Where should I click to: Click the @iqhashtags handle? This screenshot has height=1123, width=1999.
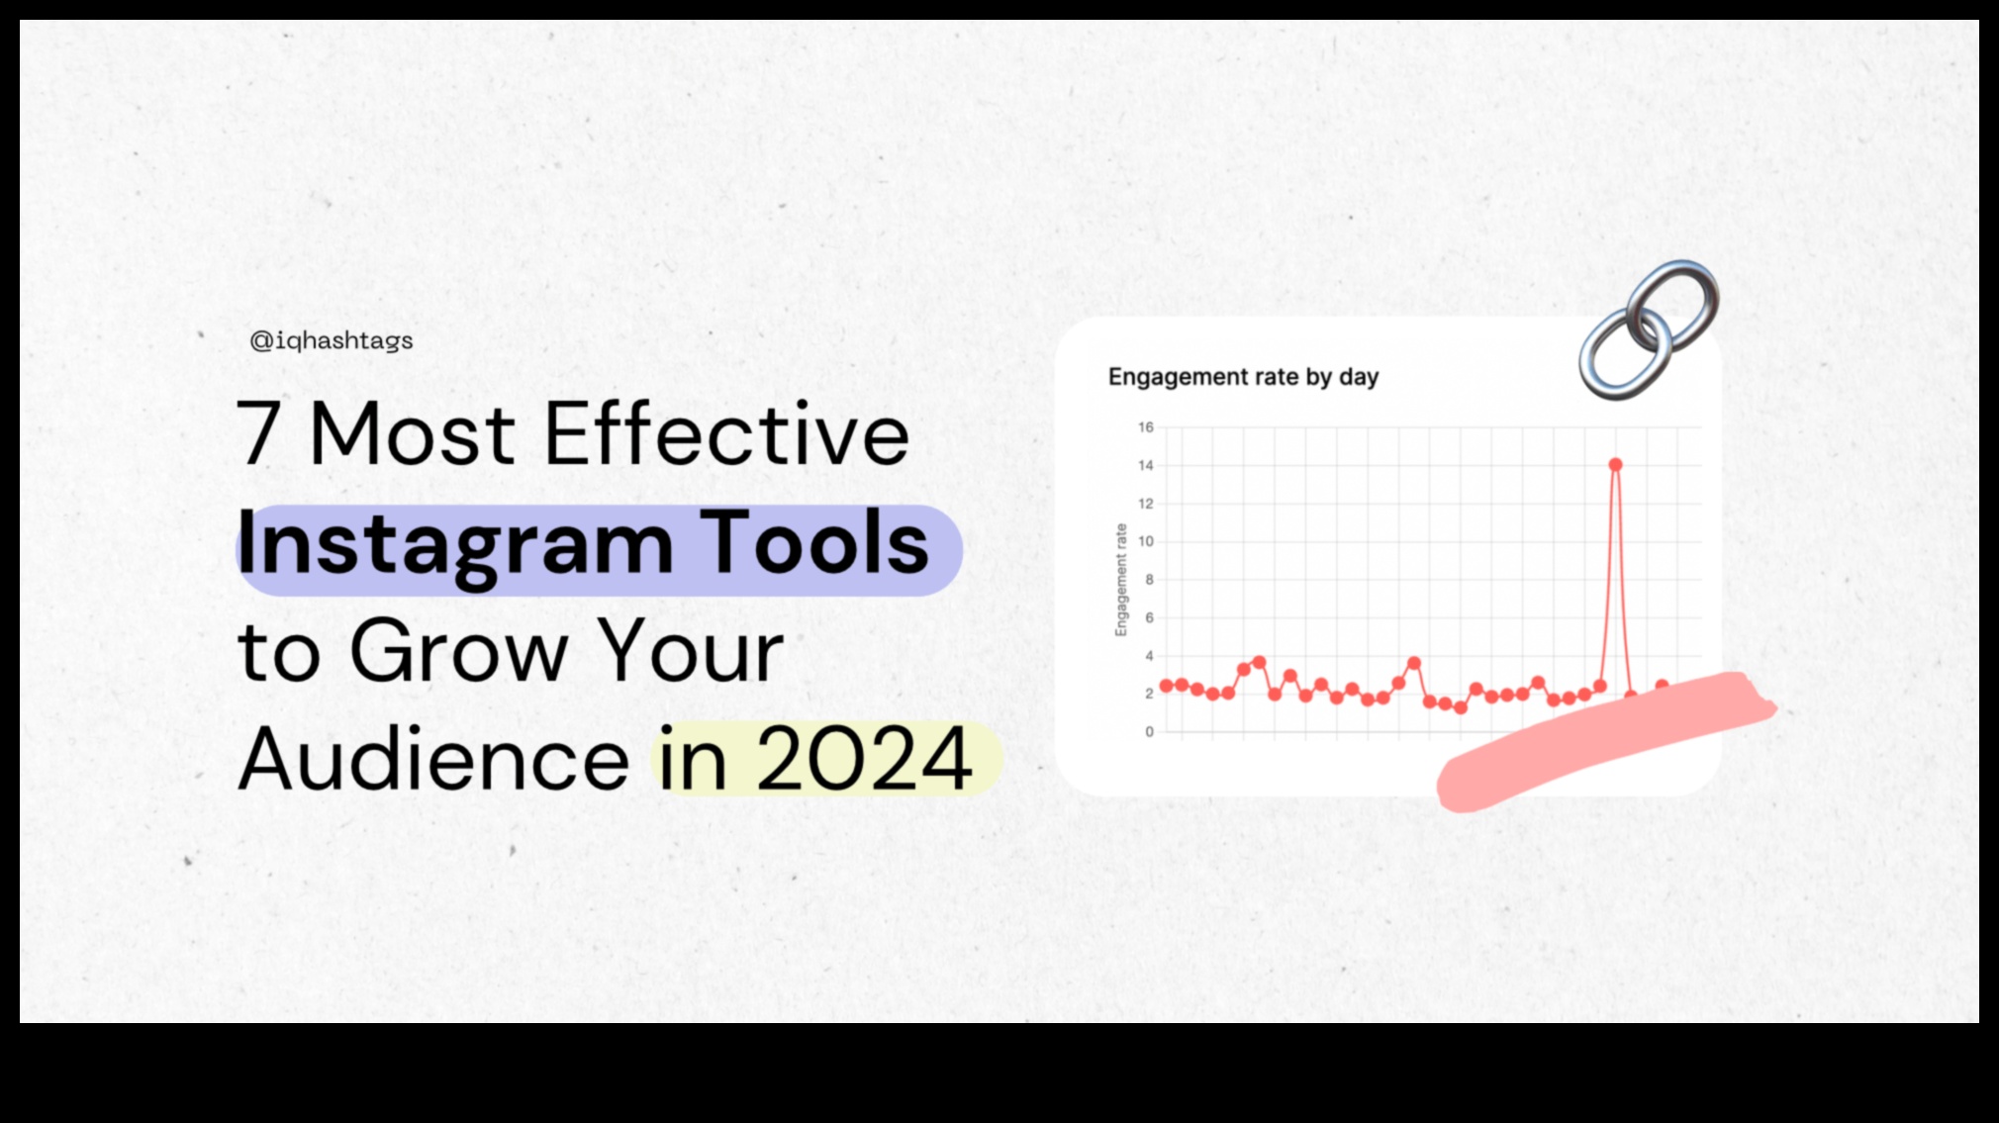point(332,340)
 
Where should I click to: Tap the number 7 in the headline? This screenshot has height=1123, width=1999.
point(258,433)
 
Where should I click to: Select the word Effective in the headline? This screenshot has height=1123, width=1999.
point(726,433)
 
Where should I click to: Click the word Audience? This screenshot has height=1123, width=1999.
point(433,759)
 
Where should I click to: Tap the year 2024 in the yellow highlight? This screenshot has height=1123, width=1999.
point(864,759)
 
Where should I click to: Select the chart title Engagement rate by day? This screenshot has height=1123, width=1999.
point(1243,377)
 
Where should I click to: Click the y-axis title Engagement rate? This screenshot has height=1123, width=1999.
point(1121,580)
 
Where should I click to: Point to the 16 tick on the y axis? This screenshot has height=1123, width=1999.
point(1146,427)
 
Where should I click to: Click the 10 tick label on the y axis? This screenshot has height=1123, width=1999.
point(1146,541)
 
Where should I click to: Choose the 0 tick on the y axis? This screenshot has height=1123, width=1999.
point(1149,732)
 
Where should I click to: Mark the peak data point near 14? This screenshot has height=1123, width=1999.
point(1615,465)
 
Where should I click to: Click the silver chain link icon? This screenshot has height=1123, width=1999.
point(1648,329)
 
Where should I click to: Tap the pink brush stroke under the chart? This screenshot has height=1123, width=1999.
point(1603,742)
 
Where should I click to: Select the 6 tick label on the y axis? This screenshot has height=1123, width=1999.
point(1149,617)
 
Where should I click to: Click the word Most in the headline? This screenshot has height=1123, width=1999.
point(412,433)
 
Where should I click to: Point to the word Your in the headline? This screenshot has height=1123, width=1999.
point(691,651)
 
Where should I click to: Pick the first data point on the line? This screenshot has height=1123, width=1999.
point(1166,686)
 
